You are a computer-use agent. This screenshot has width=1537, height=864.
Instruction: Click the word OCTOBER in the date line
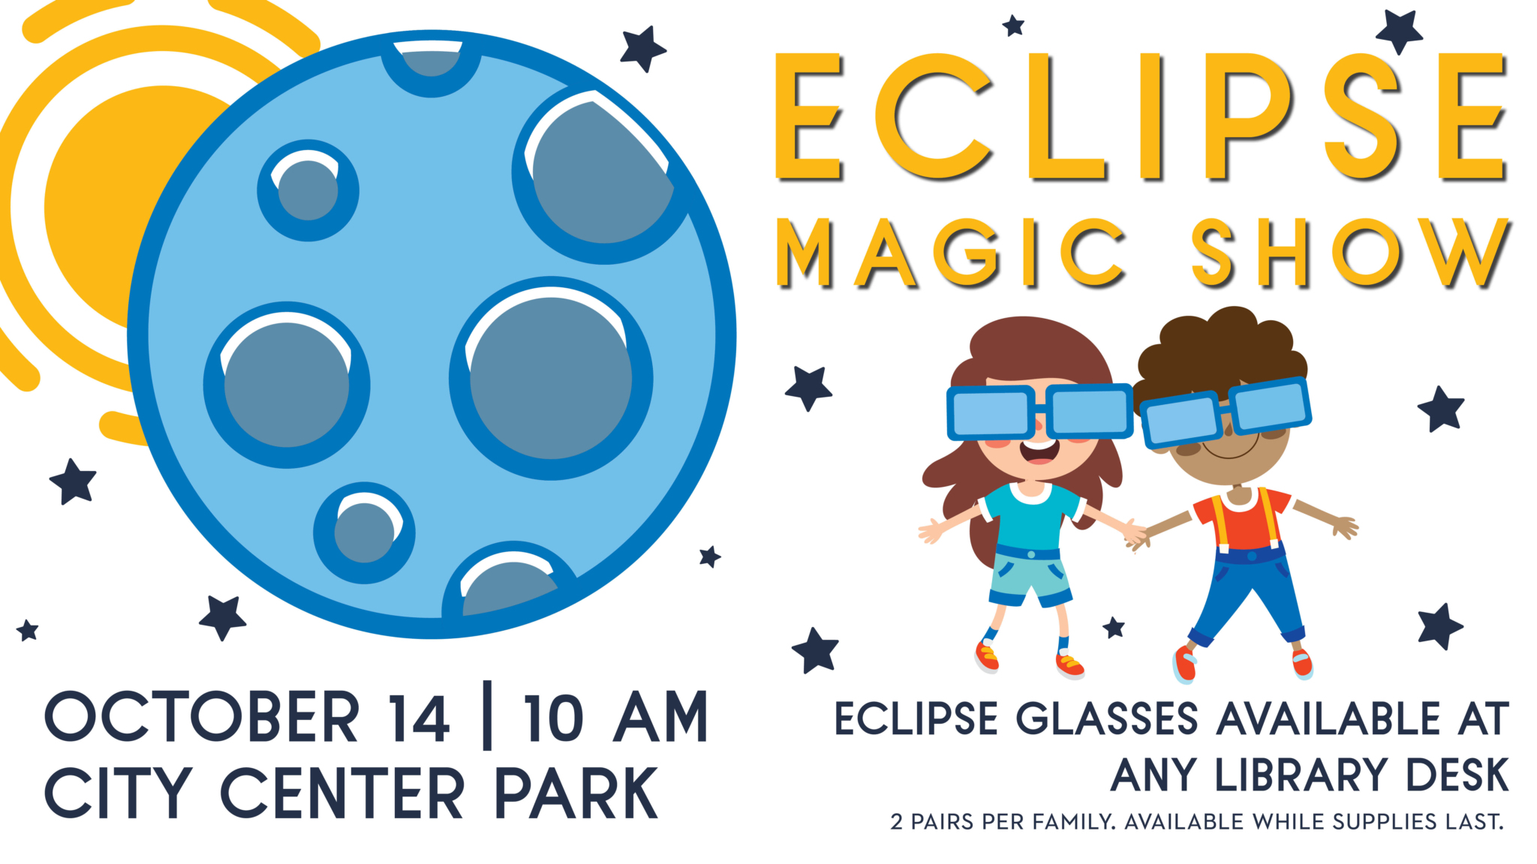(202, 717)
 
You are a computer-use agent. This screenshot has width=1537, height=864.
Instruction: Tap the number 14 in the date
(419, 717)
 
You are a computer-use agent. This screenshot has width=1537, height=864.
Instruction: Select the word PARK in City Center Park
(576, 793)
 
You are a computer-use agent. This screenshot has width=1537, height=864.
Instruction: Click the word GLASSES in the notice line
(1107, 718)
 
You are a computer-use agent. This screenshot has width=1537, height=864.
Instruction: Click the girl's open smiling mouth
(1039, 450)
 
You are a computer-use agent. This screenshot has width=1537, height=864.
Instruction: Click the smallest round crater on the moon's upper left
(308, 190)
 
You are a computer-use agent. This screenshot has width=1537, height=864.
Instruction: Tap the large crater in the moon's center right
(551, 377)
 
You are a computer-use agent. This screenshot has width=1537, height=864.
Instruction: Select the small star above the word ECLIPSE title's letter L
(1013, 26)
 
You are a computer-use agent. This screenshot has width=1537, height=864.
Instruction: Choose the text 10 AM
(615, 717)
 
